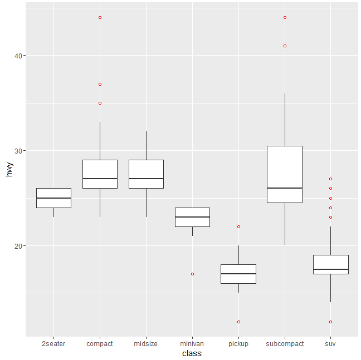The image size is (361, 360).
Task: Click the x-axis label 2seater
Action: coord(53,344)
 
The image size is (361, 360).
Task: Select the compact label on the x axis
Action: coord(100,344)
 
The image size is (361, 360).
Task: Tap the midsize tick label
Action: coord(146,344)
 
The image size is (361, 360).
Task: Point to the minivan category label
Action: coord(192,344)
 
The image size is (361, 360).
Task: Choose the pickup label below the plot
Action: coord(238,344)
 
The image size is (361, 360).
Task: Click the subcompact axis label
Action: coord(285,344)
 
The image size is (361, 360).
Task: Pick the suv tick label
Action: coord(330,344)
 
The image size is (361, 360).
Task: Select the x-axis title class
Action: coord(192,353)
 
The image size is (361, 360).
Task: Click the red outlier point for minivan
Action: coord(192,274)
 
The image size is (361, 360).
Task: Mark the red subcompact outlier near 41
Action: coord(285,46)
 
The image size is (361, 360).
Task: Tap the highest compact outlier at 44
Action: coord(100,17)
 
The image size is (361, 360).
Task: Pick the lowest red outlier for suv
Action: coord(330,322)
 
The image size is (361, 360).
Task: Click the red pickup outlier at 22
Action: coord(238,226)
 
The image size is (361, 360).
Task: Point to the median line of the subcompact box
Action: coord(285,188)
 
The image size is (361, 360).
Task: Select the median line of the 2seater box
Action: coord(53,198)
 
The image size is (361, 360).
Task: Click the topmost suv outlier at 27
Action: coord(330,179)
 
